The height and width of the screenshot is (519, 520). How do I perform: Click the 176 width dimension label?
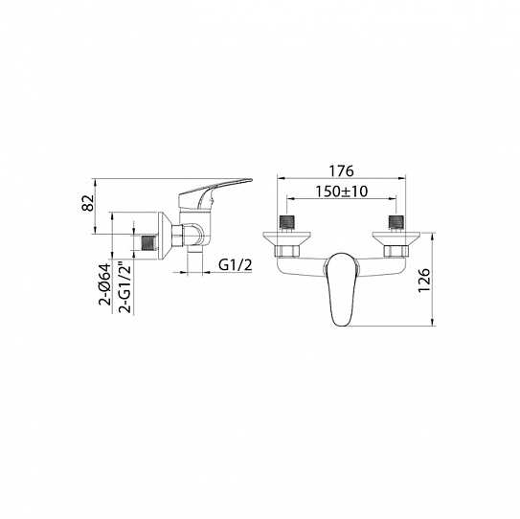pos(341,170)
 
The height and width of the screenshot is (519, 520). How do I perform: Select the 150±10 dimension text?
pos(341,192)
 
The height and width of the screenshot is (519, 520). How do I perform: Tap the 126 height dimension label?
pos(424,281)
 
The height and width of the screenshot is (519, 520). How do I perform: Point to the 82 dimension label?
pos(88,203)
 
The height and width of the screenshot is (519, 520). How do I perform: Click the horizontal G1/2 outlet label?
pos(236,264)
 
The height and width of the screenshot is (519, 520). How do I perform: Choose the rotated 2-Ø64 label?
pos(103,283)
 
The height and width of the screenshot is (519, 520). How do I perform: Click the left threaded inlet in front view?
pos(287,222)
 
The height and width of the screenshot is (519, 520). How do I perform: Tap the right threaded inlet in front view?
pos(396,222)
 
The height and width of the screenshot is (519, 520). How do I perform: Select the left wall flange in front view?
pos(287,238)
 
